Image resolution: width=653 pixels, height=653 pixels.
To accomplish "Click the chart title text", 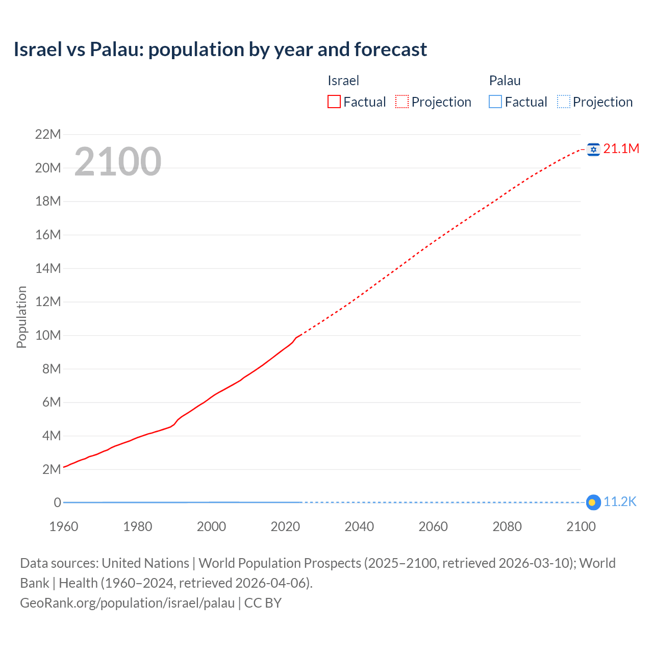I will (x=220, y=49).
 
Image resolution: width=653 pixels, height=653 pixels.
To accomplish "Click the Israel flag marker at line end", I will (x=593, y=149).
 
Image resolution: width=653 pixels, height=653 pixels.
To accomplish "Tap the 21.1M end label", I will (x=621, y=148).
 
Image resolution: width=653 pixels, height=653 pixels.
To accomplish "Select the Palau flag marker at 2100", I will (x=593, y=503).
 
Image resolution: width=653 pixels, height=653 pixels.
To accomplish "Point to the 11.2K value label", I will (x=620, y=502).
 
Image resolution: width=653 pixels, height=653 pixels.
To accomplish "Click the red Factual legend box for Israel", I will (x=334, y=102).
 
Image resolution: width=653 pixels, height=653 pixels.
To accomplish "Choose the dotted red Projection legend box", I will (x=402, y=102).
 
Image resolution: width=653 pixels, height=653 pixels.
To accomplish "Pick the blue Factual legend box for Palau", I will (x=495, y=102).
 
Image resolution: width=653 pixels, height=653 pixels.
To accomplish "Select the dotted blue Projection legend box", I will (x=563, y=102).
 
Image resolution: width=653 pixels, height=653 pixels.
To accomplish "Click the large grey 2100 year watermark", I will (x=118, y=162).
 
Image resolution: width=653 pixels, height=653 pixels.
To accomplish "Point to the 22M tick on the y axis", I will (x=48, y=135).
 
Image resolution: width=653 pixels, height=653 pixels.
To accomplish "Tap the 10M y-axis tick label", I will (x=48, y=336).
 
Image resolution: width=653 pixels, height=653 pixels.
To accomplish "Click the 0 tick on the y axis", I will (x=57, y=503).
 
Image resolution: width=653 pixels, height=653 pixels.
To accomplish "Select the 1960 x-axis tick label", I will (x=64, y=526).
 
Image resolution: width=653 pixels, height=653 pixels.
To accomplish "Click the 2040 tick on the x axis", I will (x=359, y=526).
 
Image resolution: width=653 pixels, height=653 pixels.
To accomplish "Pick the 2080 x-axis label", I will (x=507, y=526).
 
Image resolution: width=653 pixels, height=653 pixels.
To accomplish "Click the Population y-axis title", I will (x=21, y=317).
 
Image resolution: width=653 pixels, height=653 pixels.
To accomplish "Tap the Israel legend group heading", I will (x=343, y=81).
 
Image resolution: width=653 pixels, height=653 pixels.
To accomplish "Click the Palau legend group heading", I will (x=505, y=81).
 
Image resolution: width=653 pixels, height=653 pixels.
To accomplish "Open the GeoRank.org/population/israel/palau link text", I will (x=127, y=603).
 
